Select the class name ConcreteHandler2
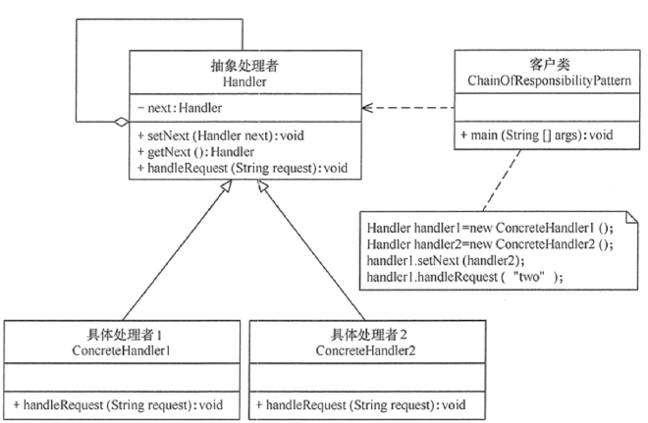point(365,349)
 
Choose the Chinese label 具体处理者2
point(365,334)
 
